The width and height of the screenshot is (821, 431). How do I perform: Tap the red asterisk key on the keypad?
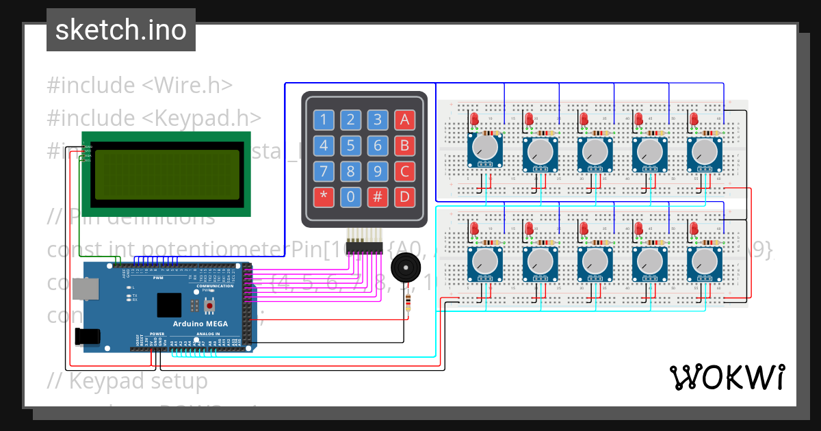[324, 198]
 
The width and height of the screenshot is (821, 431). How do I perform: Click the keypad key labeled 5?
[350, 146]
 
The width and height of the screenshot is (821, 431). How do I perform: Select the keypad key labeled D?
[404, 198]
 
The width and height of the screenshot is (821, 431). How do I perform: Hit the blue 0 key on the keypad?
[350, 198]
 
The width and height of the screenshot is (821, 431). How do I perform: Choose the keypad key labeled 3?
[377, 120]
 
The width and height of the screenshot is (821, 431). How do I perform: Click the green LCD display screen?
[168, 174]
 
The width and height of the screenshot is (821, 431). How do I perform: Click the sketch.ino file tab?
[121, 30]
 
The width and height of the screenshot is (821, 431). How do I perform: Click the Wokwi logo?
[727, 377]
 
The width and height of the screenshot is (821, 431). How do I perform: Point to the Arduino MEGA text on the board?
[200, 324]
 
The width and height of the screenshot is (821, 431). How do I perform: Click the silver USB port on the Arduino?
[86, 291]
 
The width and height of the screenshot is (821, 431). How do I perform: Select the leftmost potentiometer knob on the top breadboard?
[485, 148]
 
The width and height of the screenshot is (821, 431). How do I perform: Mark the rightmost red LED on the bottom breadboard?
[694, 228]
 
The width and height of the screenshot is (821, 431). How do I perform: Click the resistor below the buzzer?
[408, 302]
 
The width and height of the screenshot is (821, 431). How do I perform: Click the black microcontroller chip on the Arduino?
[169, 304]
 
